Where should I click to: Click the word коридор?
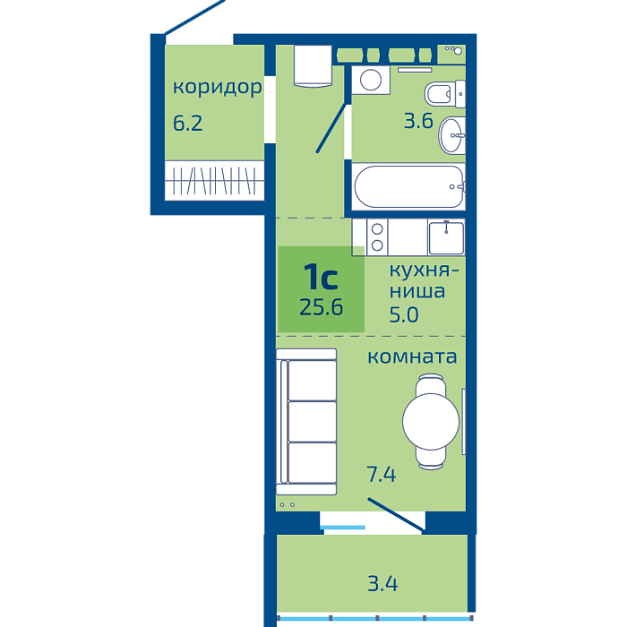pos(217,87)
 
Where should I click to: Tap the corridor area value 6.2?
pos(187,123)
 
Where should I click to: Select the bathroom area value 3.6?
pos(418,121)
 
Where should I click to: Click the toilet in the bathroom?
pos(444,94)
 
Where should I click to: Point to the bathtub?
pos(408,186)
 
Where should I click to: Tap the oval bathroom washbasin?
pos(451,135)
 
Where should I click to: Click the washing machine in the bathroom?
pos(371,80)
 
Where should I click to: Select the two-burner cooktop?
pos(377,237)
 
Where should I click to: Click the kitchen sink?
pos(446,237)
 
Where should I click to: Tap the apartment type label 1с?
pos(321,277)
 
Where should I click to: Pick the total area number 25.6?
pos(321,307)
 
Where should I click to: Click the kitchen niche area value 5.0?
pos(404,315)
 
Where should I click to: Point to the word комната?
pos(412,356)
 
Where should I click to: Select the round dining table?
pos(431,422)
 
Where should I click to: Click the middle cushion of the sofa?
pos(313,422)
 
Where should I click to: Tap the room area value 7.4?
pos(381,475)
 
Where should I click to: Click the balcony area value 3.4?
pos(382,584)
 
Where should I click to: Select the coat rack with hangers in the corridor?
pos(214,181)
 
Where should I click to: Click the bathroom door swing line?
pos(331,128)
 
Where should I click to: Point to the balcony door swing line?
pos(395,514)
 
